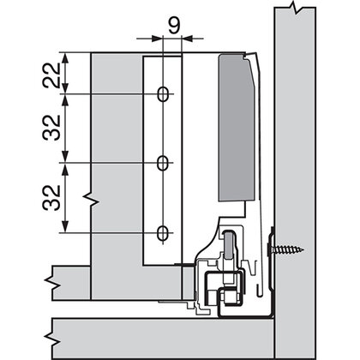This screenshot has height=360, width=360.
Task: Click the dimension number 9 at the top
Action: tap(173, 26)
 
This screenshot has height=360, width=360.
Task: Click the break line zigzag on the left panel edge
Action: tap(88, 198)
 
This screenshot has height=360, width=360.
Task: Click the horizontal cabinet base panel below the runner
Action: tap(154, 331)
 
